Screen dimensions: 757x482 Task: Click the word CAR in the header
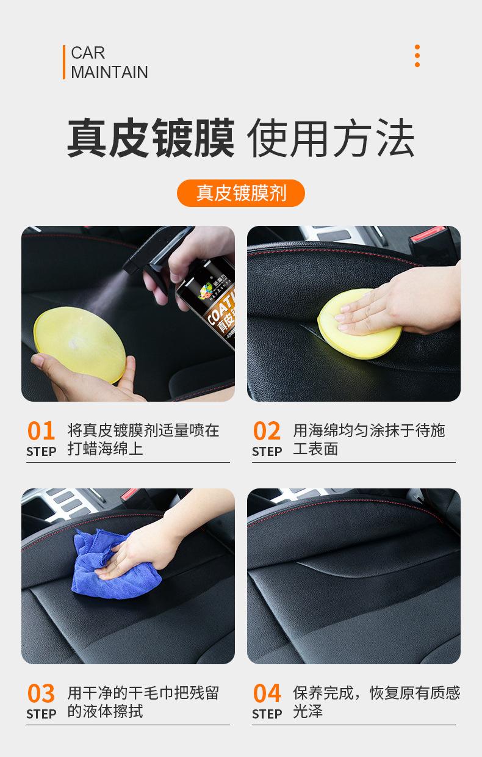pyautogui.click(x=88, y=53)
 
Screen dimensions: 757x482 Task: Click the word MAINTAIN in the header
pyautogui.click(x=109, y=72)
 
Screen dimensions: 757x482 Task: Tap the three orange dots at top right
pyautogui.click(x=417, y=56)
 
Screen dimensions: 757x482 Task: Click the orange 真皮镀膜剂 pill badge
pyautogui.click(x=241, y=193)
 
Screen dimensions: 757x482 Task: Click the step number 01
pyautogui.click(x=41, y=431)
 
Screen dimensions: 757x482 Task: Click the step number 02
pyautogui.click(x=267, y=431)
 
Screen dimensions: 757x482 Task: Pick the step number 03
pyautogui.click(x=41, y=694)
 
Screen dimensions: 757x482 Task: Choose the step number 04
pyautogui.click(x=267, y=694)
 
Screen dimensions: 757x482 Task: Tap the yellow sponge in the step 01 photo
pyautogui.click(x=79, y=346)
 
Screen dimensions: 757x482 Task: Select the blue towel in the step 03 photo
pyautogui.click(x=110, y=565)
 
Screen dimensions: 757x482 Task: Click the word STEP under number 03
pyautogui.click(x=41, y=714)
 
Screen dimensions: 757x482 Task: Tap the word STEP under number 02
pyautogui.click(x=267, y=451)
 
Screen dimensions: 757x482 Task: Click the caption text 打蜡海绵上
pyautogui.click(x=105, y=449)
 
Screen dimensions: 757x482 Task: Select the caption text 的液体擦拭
pyautogui.click(x=105, y=712)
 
